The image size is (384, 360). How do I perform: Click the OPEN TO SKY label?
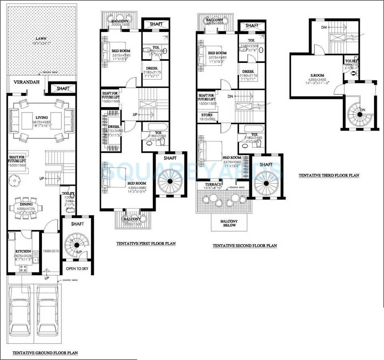pos(77,268)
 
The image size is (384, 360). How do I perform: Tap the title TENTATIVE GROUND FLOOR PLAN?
pos(45,353)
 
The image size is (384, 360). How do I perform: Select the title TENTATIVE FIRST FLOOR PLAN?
pos(146,243)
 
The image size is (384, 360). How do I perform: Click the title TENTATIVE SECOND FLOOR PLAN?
pos(244,246)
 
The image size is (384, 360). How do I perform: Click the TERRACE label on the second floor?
pos(213,184)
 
